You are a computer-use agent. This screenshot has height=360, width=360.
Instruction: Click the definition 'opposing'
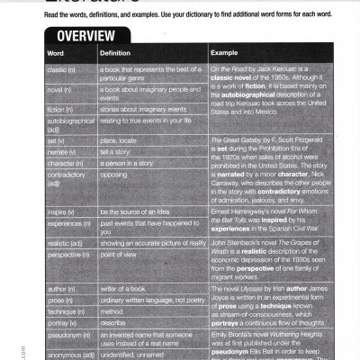[115, 175]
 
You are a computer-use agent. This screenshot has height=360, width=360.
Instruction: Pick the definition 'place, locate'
[121, 140]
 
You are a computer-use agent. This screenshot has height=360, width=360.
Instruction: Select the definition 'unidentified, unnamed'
[141, 355]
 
